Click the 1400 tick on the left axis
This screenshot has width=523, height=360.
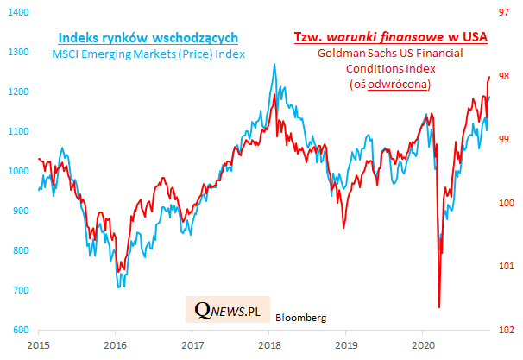[x=16, y=13]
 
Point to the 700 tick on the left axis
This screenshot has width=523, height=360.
[x=17, y=290]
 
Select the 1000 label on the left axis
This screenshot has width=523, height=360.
[x=16, y=171]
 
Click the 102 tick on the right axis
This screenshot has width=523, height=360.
[x=504, y=330]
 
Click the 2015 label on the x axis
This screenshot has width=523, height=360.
[x=39, y=344]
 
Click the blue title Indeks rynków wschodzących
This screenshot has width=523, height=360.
[x=148, y=39]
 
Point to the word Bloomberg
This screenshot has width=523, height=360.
[x=301, y=318]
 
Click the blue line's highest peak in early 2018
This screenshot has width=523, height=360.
[x=274, y=64]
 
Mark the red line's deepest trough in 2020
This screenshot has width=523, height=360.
[x=439, y=307]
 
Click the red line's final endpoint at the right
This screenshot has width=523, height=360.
[x=489, y=76]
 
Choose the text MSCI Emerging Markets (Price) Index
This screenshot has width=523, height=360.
[x=148, y=55]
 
